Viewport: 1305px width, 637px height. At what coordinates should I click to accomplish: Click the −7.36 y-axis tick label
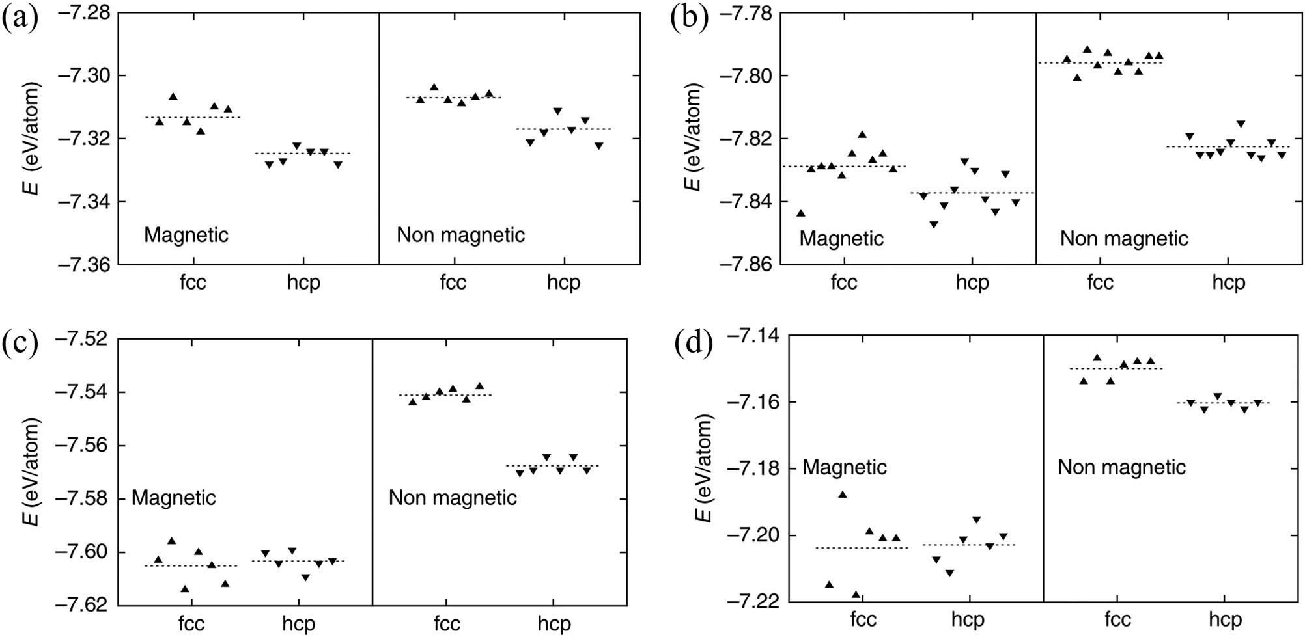point(84,265)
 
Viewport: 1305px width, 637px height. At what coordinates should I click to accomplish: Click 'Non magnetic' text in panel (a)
point(460,235)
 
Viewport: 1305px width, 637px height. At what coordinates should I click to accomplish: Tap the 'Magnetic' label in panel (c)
point(173,498)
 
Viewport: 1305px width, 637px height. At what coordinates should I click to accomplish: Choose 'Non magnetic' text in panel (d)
point(1121,467)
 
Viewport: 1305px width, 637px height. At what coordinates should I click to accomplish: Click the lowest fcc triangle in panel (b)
point(801,213)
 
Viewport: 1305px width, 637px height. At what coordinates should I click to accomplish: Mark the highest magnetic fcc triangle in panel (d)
point(843,495)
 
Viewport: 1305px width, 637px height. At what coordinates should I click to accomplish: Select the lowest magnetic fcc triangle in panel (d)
point(856,594)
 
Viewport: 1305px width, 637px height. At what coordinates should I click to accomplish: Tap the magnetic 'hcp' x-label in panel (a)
point(303,283)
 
